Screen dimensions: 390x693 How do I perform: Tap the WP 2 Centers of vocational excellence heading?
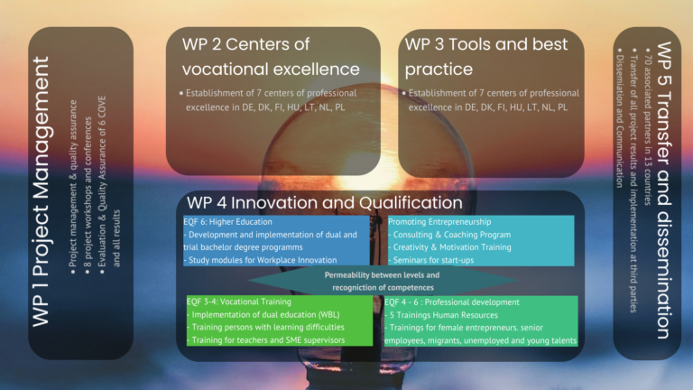tap(271, 56)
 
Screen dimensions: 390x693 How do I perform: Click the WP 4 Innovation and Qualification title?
tap(325, 202)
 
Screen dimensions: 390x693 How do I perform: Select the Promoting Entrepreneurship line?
tap(439, 221)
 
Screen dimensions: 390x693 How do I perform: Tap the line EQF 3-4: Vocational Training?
tap(239, 302)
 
